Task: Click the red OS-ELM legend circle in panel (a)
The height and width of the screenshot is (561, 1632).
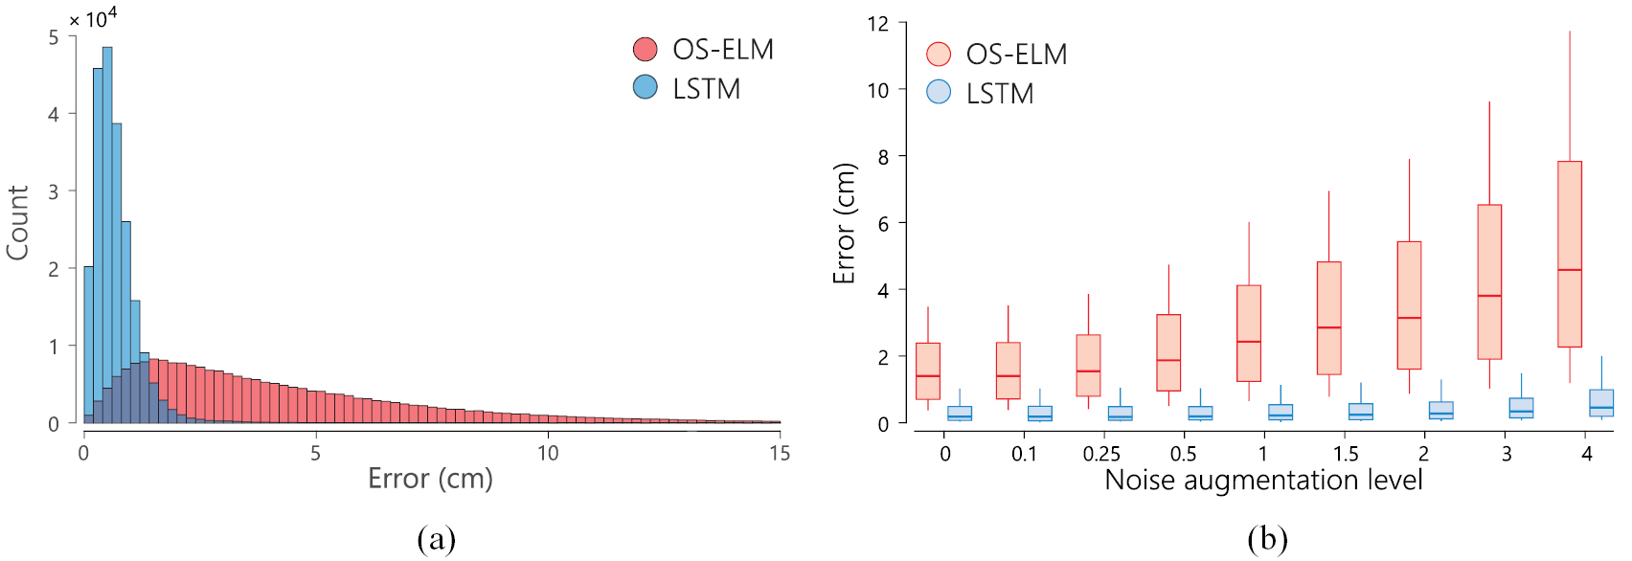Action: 646,49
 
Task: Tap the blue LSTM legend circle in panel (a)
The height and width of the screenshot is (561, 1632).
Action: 646,87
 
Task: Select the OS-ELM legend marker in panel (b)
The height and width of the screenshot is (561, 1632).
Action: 939,54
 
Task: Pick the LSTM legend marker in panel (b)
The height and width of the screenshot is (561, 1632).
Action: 939,92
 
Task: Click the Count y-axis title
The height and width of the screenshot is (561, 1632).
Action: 17,222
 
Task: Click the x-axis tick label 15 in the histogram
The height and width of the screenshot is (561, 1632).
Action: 780,453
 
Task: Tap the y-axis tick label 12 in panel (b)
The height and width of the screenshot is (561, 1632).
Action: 877,23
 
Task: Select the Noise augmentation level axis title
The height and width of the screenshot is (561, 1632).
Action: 1263,480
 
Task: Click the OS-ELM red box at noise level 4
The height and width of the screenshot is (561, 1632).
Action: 1570,254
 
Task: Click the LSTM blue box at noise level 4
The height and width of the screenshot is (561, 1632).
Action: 1601,402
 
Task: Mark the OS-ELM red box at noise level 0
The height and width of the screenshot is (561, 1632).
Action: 928,370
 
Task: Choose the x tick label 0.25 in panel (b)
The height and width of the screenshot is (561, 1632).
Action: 1101,454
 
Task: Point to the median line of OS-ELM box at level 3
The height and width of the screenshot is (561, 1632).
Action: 1489,296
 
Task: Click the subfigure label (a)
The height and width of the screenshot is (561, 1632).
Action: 437,539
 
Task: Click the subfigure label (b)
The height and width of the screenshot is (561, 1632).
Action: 1267,539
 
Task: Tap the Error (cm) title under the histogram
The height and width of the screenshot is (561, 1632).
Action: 430,478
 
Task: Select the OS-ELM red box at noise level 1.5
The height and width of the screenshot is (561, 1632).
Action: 1328,318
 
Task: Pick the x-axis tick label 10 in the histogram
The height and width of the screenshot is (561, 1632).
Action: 548,453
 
